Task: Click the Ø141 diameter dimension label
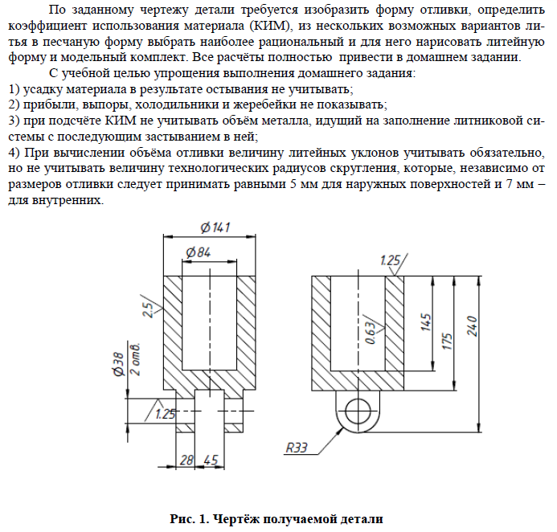coord(215,227)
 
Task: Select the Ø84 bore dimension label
coord(199,252)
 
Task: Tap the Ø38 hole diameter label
coord(118,364)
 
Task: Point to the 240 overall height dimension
coord(472,326)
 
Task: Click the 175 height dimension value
coord(447,341)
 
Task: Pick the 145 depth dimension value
coord(425,321)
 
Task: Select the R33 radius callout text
coord(297,448)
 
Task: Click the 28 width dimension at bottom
coord(186,460)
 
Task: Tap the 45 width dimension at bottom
coord(211,460)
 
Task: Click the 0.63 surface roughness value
coord(371,333)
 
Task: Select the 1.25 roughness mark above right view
coord(390,261)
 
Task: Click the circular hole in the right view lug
coord(358,411)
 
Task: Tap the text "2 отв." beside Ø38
coord(136,359)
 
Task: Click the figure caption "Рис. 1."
coord(190,519)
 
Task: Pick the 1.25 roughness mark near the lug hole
coord(166,414)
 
